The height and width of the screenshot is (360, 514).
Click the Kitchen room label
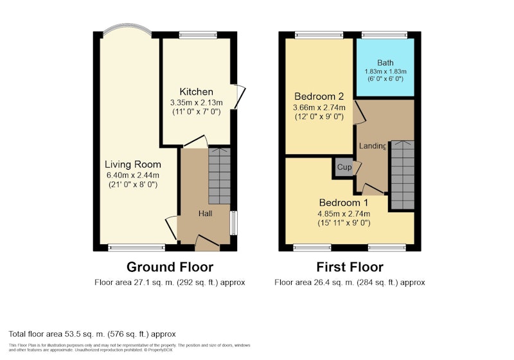pos(197,92)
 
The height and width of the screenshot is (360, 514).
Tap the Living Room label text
pos(133,165)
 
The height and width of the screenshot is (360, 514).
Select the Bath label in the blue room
pos(385,62)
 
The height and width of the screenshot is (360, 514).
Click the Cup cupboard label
pos(344,167)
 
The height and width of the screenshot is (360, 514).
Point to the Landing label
pos(373,146)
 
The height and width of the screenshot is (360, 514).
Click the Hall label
pos(205,213)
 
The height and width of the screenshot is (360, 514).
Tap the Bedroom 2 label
pos(319,96)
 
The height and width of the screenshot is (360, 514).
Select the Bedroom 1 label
pos(344,203)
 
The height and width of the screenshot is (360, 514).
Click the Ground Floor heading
pos(170,267)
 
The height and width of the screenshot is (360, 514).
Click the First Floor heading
pos(350,267)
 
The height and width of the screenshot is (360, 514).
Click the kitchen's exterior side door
pos(240,97)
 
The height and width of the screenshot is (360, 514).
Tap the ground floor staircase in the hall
pos(219,176)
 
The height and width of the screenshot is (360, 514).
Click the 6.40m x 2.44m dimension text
pos(133,175)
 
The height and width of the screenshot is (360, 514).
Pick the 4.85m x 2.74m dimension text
pos(344,214)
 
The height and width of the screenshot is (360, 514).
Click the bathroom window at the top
pos(384,35)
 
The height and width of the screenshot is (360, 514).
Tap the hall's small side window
pos(234,223)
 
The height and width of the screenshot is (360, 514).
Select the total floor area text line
pos(92,334)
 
